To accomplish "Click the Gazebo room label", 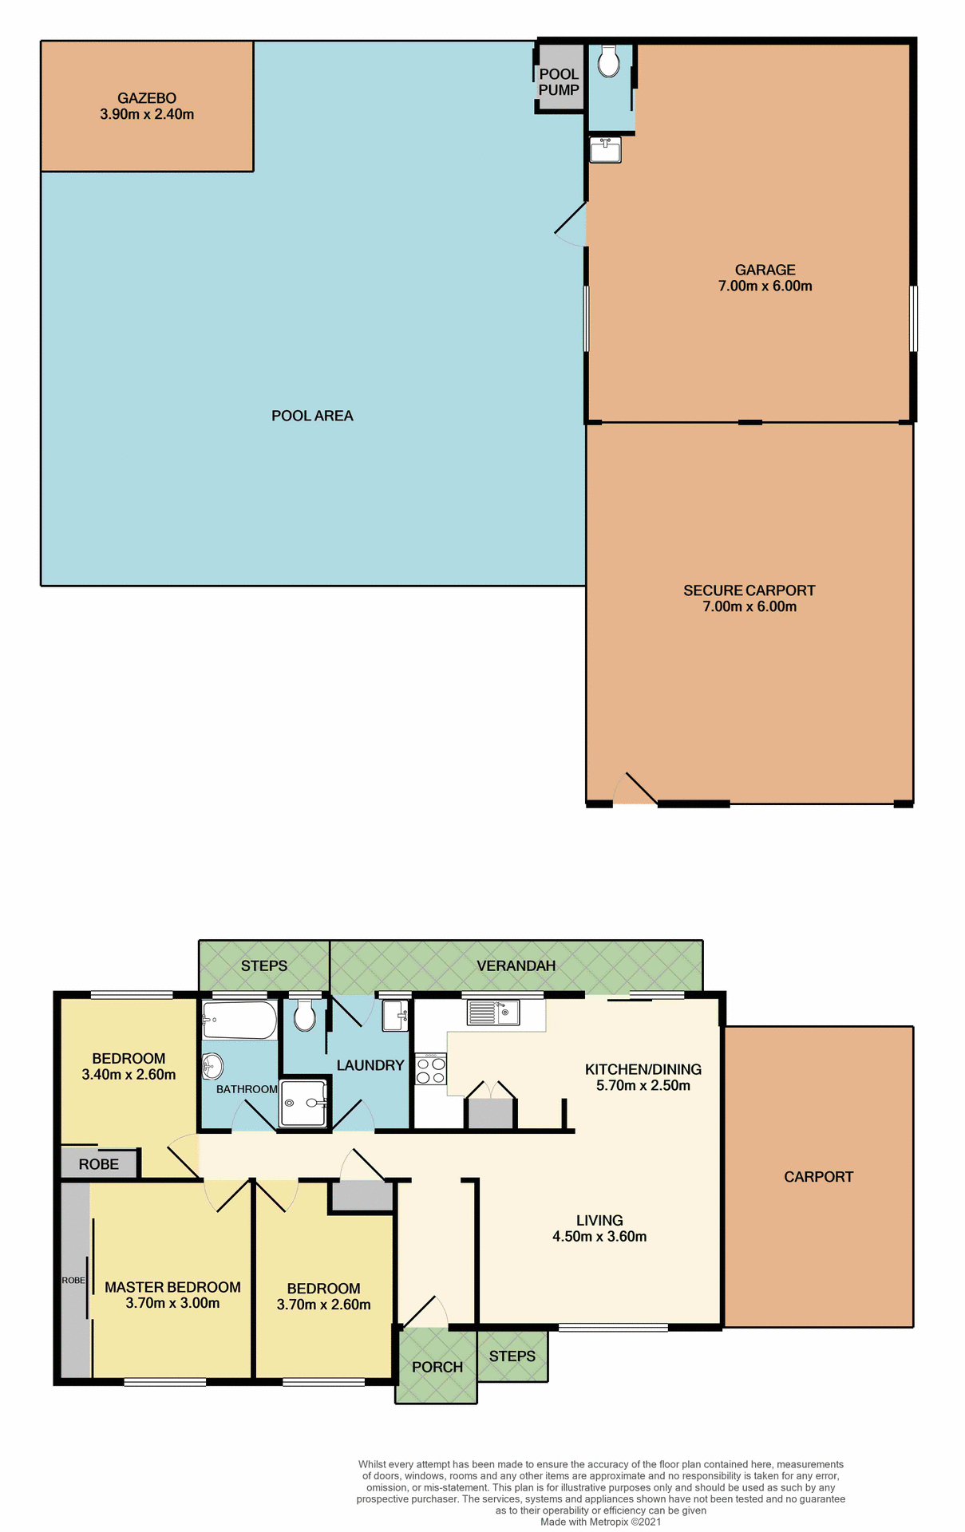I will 147,99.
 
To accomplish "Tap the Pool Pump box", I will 559,82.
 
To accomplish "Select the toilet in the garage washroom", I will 608,61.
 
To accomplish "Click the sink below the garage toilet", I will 605,150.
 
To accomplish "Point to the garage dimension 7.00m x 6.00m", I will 765,286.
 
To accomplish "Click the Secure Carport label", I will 749,590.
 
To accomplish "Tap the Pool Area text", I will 312,416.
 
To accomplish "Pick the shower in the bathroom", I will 304,1103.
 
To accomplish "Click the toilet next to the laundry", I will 304,1017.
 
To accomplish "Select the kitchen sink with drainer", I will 493,1013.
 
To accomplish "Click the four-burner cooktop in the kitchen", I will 430,1070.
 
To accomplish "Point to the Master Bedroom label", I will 172,1287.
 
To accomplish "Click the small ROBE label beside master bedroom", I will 73,1280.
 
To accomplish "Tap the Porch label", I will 437,1367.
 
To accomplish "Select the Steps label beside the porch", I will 512,1356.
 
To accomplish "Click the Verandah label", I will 516,965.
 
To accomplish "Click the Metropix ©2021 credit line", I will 600,1522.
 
